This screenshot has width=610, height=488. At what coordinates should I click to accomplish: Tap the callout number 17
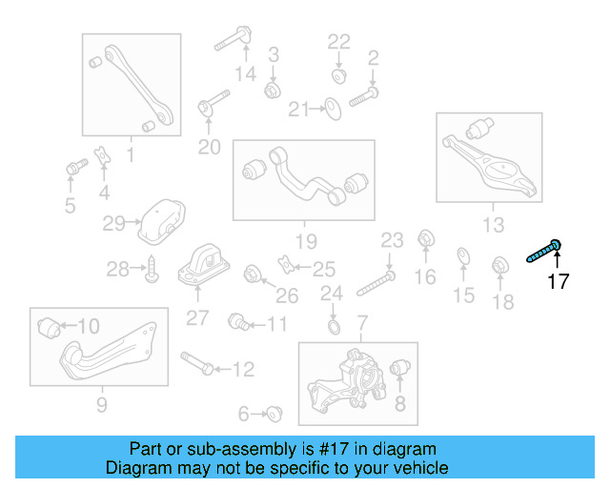[x=558, y=281]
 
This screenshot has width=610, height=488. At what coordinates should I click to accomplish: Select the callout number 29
[x=114, y=224]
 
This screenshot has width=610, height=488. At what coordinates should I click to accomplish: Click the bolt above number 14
[x=232, y=40]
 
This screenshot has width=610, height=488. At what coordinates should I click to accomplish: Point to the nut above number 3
[x=272, y=89]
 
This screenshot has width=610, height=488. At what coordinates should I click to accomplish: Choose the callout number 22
[x=339, y=41]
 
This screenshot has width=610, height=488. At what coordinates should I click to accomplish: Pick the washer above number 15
[x=463, y=255]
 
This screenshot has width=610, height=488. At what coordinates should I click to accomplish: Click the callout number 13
[x=493, y=225]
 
